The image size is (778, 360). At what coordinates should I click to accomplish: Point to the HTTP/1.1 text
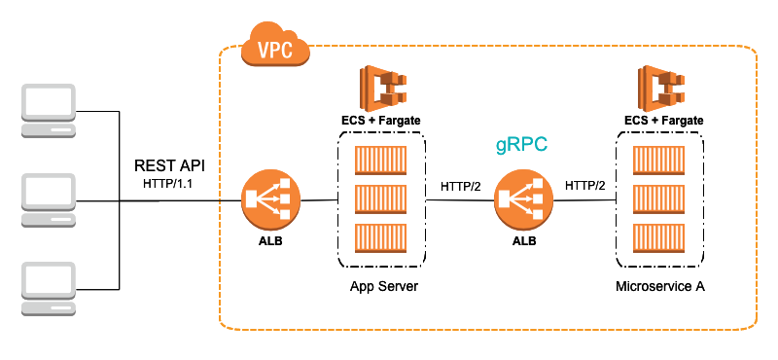pyautogui.click(x=170, y=182)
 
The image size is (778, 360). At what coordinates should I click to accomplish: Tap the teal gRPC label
pyautogui.click(x=522, y=144)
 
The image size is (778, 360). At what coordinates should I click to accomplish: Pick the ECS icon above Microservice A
pyautogui.click(x=660, y=87)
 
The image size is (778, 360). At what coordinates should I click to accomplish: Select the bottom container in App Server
pyautogui.click(x=381, y=237)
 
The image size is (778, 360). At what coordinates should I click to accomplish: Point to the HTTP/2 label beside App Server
pyautogui.click(x=459, y=185)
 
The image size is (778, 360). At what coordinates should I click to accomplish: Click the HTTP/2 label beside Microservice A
pyautogui.click(x=584, y=185)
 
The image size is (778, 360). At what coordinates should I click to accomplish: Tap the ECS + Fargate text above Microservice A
pyautogui.click(x=664, y=120)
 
